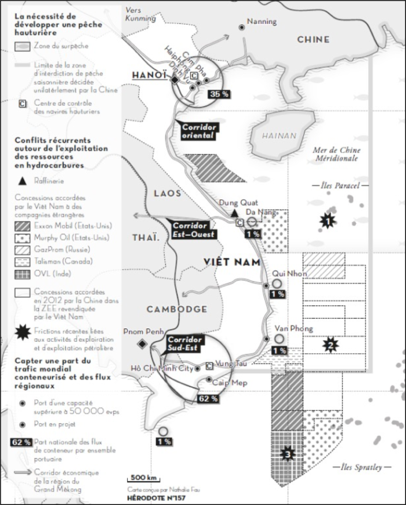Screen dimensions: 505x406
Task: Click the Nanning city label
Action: (262, 22)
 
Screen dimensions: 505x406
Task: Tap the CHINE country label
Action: (313, 40)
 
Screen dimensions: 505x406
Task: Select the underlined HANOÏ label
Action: (149, 75)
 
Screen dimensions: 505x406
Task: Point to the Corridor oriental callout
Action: (198, 131)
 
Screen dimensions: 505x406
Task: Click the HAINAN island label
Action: (279, 136)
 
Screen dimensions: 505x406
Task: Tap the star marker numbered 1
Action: (329, 220)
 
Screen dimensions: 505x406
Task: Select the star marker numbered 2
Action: (331, 346)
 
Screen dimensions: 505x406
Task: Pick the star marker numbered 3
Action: (287, 454)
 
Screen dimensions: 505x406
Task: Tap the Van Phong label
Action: (294, 328)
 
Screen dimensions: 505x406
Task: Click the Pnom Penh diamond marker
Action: (142, 344)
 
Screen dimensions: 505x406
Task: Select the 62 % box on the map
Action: (208, 399)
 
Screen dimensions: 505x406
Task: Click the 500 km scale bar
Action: (143, 478)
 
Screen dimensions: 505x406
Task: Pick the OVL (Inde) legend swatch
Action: (22, 274)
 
